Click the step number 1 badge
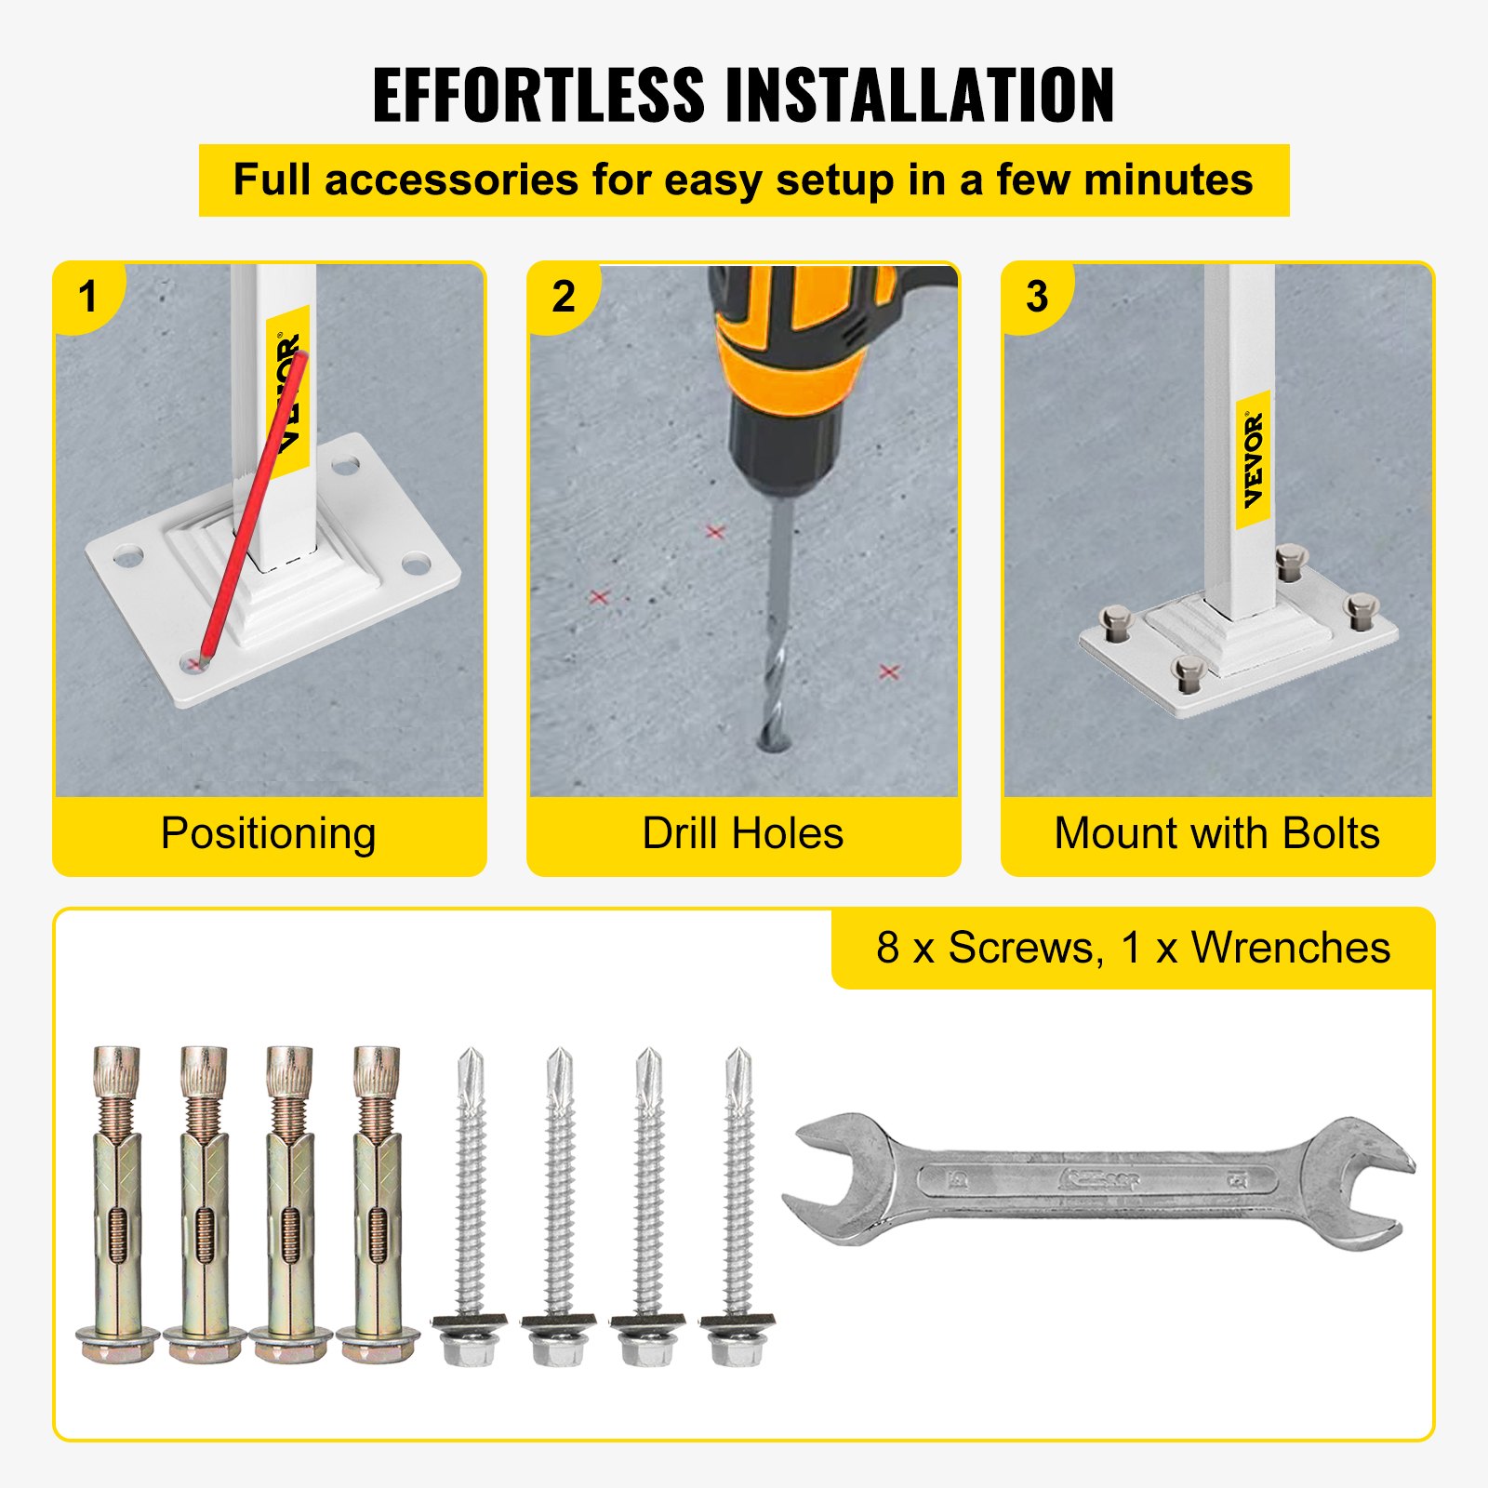88,298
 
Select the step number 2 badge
564,298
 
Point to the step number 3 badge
1037,298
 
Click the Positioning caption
268,833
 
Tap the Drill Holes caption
742,833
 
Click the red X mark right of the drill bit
889,671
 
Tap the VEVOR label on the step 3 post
1254,459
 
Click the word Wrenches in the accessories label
1291,949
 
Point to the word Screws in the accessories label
1025,949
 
